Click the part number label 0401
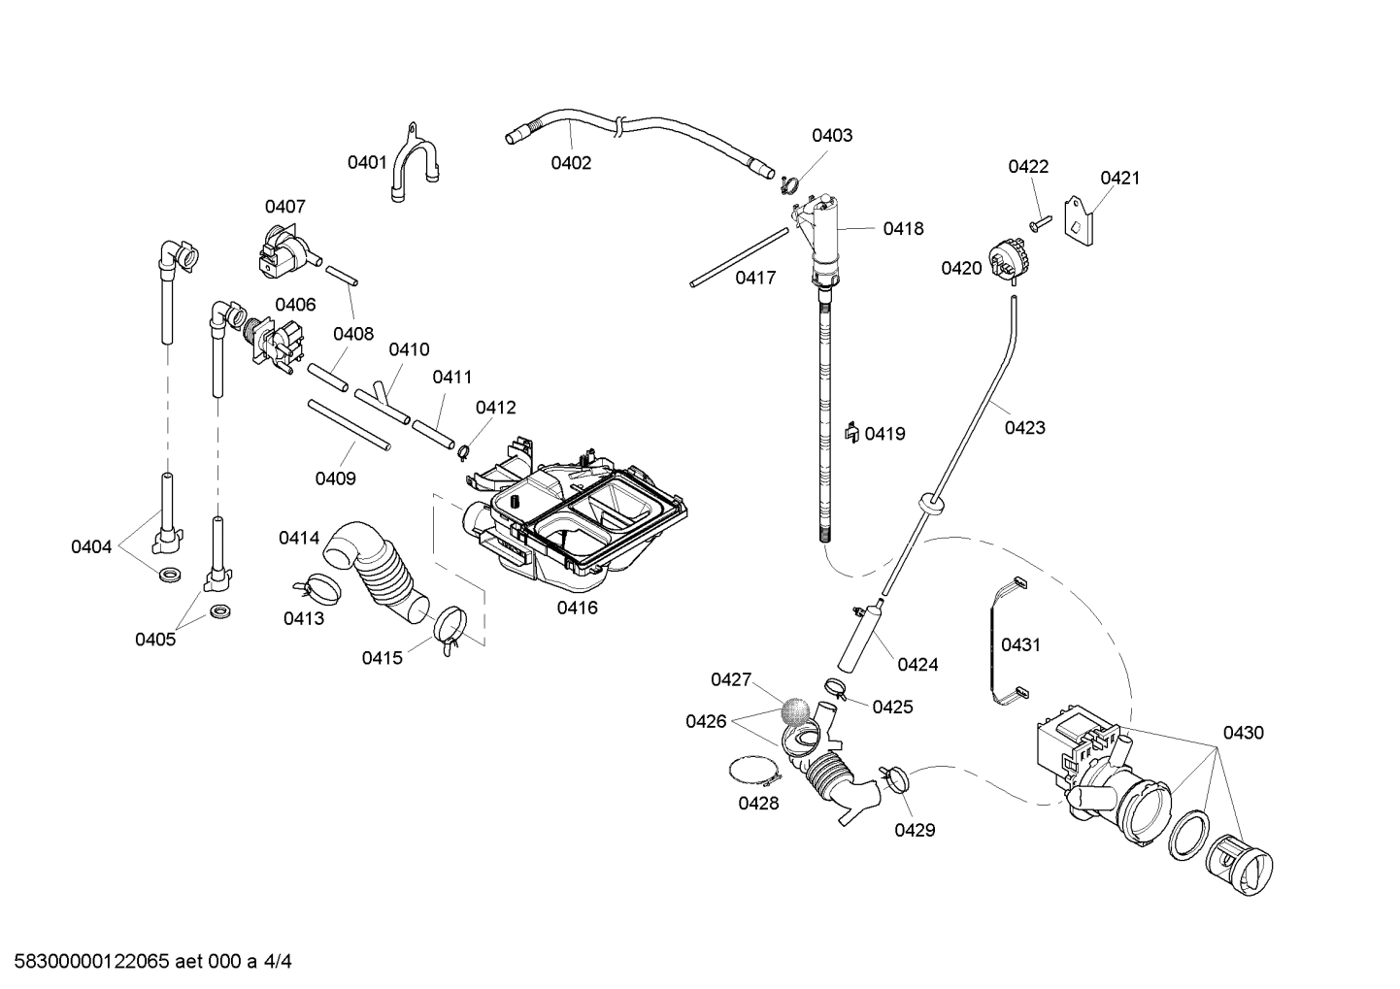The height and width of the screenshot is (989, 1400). pyautogui.click(x=367, y=162)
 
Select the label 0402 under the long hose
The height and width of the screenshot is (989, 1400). pyautogui.click(x=571, y=163)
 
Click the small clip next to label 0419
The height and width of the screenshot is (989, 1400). pyautogui.click(x=850, y=432)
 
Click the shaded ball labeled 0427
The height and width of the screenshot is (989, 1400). pyautogui.click(x=795, y=710)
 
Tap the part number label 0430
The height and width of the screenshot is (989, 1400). pyautogui.click(x=1243, y=733)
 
